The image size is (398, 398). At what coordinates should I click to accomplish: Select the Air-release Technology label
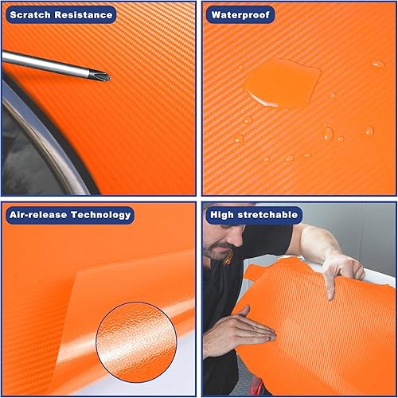click(69, 214)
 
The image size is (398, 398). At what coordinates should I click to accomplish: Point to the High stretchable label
click(253, 214)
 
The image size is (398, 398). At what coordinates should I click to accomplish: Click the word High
click(221, 214)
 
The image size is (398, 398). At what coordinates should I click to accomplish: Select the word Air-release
click(37, 214)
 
